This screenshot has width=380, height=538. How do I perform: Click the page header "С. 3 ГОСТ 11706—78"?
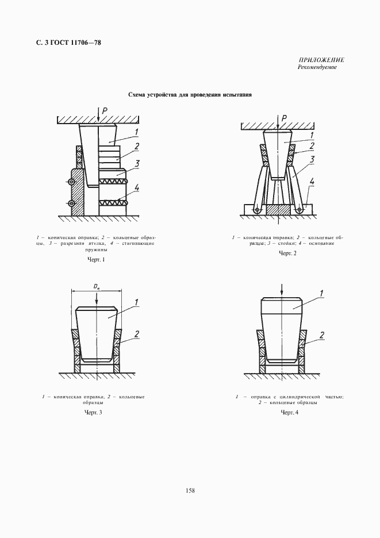point(64,43)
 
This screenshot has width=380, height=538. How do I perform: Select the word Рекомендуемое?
point(317,67)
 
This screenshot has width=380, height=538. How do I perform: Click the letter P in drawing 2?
point(283,118)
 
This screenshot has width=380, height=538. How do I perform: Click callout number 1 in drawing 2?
point(312,135)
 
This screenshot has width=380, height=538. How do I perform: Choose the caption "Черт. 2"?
point(287,253)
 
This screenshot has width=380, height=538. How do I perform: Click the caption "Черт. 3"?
point(93,413)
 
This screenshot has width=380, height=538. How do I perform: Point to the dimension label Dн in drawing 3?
point(97,286)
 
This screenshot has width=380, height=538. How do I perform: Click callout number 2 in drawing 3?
point(137,334)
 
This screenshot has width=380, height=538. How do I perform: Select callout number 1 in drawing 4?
point(321,294)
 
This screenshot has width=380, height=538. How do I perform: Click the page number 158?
point(190,490)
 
